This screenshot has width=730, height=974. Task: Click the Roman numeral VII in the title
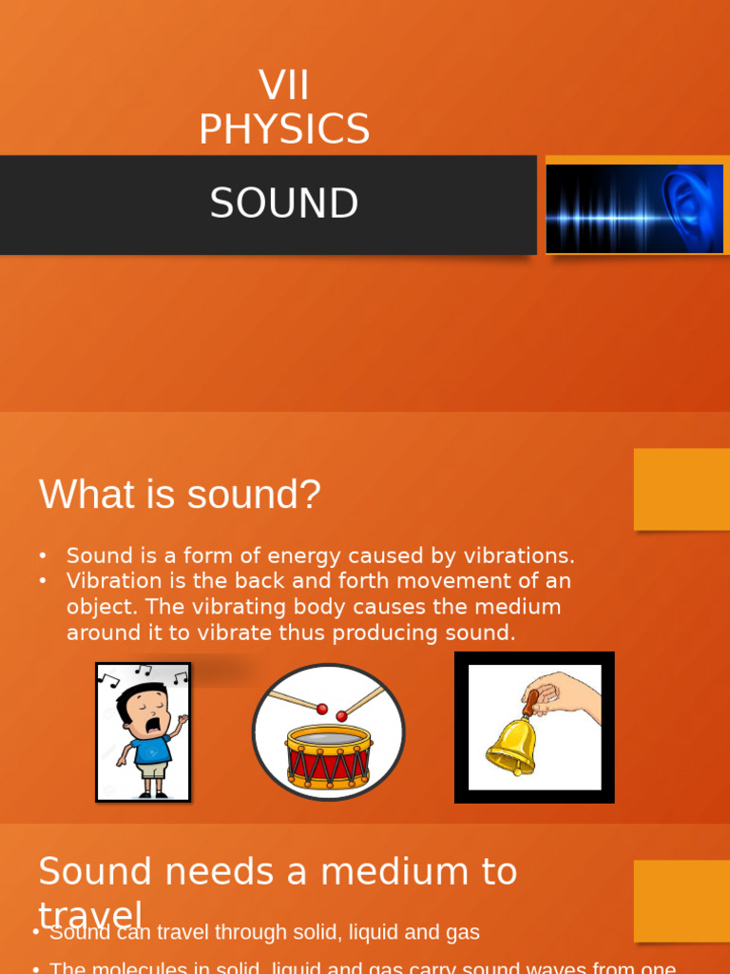tap(283, 86)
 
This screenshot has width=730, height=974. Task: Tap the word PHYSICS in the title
tap(283, 129)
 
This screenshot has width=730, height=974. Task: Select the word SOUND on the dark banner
tap(283, 204)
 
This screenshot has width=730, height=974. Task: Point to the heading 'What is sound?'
tap(180, 495)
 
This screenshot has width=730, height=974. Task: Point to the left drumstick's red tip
tap(322, 710)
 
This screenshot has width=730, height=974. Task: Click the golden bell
tap(510, 747)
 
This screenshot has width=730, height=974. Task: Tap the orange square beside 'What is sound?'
tap(682, 489)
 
